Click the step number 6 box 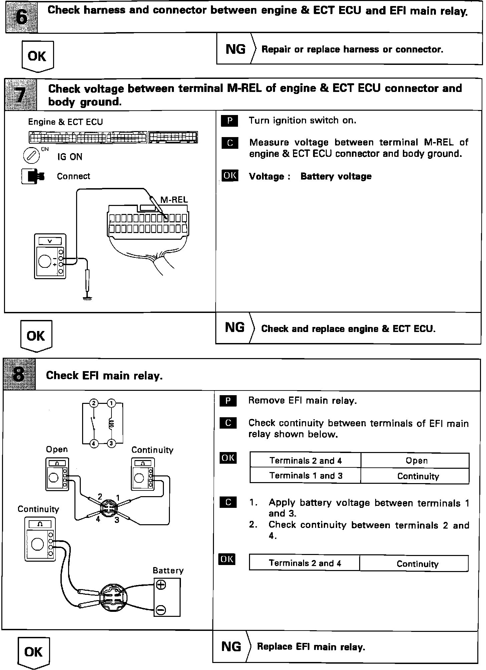[x=21, y=17]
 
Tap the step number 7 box [x=21, y=95]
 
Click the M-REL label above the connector [x=174, y=200]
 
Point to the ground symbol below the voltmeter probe [x=87, y=298]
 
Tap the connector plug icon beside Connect [x=33, y=176]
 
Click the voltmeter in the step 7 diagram [x=50, y=256]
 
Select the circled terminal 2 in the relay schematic [x=94, y=403]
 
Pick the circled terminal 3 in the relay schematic [x=111, y=443]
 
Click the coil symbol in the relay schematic [x=111, y=424]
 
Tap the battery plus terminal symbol [x=161, y=585]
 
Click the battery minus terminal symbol [x=161, y=610]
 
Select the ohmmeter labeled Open [x=57, y=474]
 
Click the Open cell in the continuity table [x=416, y=461]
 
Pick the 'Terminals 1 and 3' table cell [x=305, y=476]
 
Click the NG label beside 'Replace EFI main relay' [x=231, y=646]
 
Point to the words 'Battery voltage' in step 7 [x=336, y=176]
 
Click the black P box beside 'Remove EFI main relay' [x=228, y=401]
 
